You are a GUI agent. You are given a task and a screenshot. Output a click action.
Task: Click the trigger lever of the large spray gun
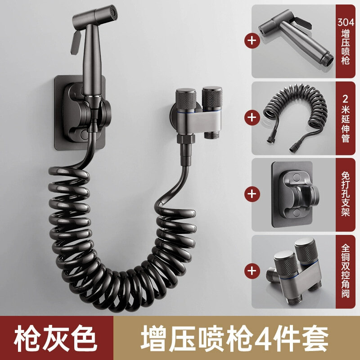pyautogui.click(x=76, y=42)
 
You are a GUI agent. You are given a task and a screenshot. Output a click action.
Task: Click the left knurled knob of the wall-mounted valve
pyautogui.click(x=186, y=100)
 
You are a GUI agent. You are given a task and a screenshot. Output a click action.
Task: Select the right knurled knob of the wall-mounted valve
pyautogui.click(x=212, y=98)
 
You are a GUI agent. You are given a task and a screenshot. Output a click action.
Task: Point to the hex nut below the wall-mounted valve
pyautogui.click(x=186, y=139)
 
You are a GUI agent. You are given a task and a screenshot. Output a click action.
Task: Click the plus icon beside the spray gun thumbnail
pyautogui.click(x=252, y=40)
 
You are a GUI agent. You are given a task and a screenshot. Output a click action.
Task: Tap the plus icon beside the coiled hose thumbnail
pyautogui.click(x=252, y=117)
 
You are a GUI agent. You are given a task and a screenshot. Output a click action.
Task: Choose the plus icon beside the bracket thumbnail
pyautogui.click(x=252, y=194)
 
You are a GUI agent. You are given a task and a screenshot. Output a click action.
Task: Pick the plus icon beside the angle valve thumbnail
pyautogui.click(x=252, y=270)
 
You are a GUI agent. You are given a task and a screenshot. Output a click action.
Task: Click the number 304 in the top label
pyautogui.click(x=346, y=22)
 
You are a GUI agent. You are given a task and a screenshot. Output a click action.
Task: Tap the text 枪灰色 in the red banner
pyautogui.click(x=55, y=338)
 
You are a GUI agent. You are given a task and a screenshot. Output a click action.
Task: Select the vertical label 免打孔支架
pyautogui.click(x=346, y=194)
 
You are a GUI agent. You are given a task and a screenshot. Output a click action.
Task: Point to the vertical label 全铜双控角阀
pyautogui.click(x=346, y=271)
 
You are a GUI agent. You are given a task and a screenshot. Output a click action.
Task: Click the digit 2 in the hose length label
pyautogui.click(x=346, y=99)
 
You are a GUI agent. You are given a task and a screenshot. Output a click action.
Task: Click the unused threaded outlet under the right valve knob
pyautogui.click(x=210, y=135)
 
